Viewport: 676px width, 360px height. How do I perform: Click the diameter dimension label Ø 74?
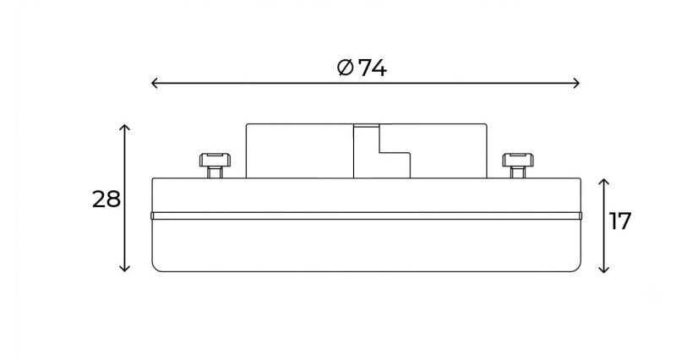tap(362, 68)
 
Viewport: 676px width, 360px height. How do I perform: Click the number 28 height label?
tap(106, 199)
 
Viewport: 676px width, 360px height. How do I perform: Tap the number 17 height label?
tap(620, 221)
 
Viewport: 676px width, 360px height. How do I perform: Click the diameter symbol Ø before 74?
tap(346, 68)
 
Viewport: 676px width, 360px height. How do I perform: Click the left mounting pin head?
tap(215, 160)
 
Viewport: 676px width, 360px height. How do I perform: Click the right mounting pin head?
tap(518, 160)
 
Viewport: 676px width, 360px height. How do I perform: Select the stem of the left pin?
tap(215, 172)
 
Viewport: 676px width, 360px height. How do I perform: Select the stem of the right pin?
tap(518, 172)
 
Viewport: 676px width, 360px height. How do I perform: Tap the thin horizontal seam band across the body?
tap(367, 215)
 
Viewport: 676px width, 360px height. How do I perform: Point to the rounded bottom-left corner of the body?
tap(155, 268)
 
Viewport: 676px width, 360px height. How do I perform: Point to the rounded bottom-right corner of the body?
tap(577, 268)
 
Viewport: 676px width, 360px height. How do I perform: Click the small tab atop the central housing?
tap(367, 125)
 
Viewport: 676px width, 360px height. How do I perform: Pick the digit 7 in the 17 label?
tap(624, 221)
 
